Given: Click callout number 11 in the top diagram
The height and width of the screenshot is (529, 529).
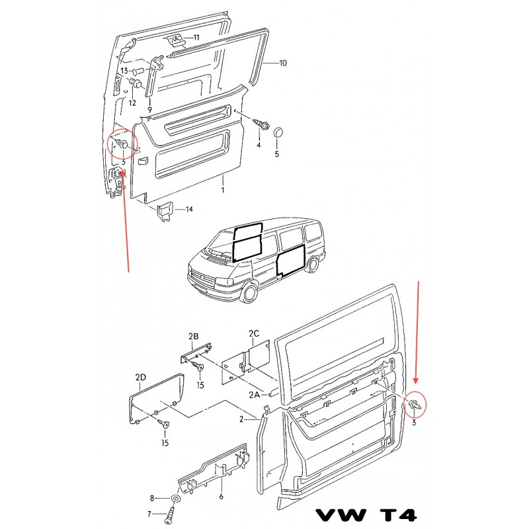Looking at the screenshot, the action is pos(196,37).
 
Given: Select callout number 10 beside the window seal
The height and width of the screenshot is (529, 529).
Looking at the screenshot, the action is pos(283,63).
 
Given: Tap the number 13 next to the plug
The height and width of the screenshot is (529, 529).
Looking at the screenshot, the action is pos(124,71).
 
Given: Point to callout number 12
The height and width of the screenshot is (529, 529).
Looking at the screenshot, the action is pos(132,102).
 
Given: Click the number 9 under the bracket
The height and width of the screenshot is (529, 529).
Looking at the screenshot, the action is pos(150,110).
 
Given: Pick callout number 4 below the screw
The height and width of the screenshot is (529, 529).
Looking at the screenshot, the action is pos(259,145).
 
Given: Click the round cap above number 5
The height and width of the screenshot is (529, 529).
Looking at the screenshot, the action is pos(278,132).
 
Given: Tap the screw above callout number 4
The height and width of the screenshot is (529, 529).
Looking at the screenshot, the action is pos(261,124).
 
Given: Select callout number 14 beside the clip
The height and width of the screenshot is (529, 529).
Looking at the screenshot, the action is pos(189,209).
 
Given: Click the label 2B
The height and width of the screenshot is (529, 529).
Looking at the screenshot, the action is pos(194,336).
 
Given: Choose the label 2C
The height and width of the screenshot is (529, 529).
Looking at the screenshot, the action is pos(254,333).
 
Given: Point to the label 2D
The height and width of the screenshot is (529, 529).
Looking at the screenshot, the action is pos(141,377).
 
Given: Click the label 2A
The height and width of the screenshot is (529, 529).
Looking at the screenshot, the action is pos(255,394).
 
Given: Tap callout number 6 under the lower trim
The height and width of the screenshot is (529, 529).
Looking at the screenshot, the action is pos(222,497).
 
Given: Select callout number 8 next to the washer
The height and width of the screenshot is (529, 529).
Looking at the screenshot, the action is pos(152,498).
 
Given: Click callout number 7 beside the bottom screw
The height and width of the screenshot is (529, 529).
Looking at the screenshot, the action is pos(149,514).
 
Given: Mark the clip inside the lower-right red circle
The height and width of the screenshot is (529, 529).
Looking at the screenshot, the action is pos(415,404).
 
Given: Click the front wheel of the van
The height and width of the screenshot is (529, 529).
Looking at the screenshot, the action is pos(250,292).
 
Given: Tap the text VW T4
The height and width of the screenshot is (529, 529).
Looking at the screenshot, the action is pos(366,515).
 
